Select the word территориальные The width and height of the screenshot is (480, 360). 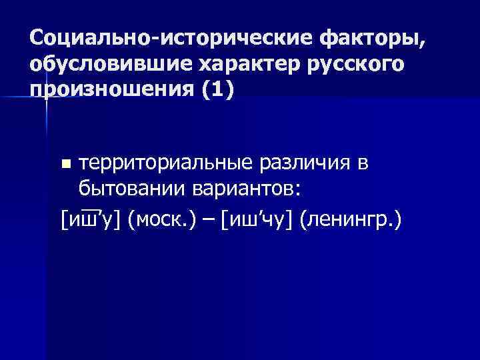click(x=161, y=164)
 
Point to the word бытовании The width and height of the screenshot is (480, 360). click(x=121, y=189)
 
